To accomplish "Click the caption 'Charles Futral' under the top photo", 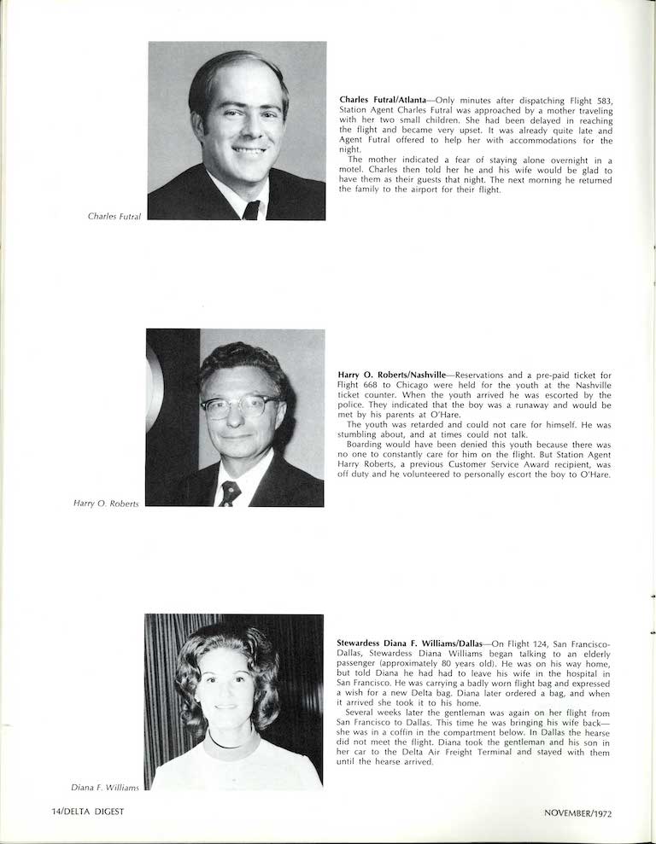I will coord(114,216).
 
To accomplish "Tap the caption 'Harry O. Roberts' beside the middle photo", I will coord(106,503).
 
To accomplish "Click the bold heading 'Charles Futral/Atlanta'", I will coord(382,100).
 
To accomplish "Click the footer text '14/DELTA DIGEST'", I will coord(87,812).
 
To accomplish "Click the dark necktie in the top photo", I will coord(251,210).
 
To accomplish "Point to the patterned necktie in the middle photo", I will coord(229,494).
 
